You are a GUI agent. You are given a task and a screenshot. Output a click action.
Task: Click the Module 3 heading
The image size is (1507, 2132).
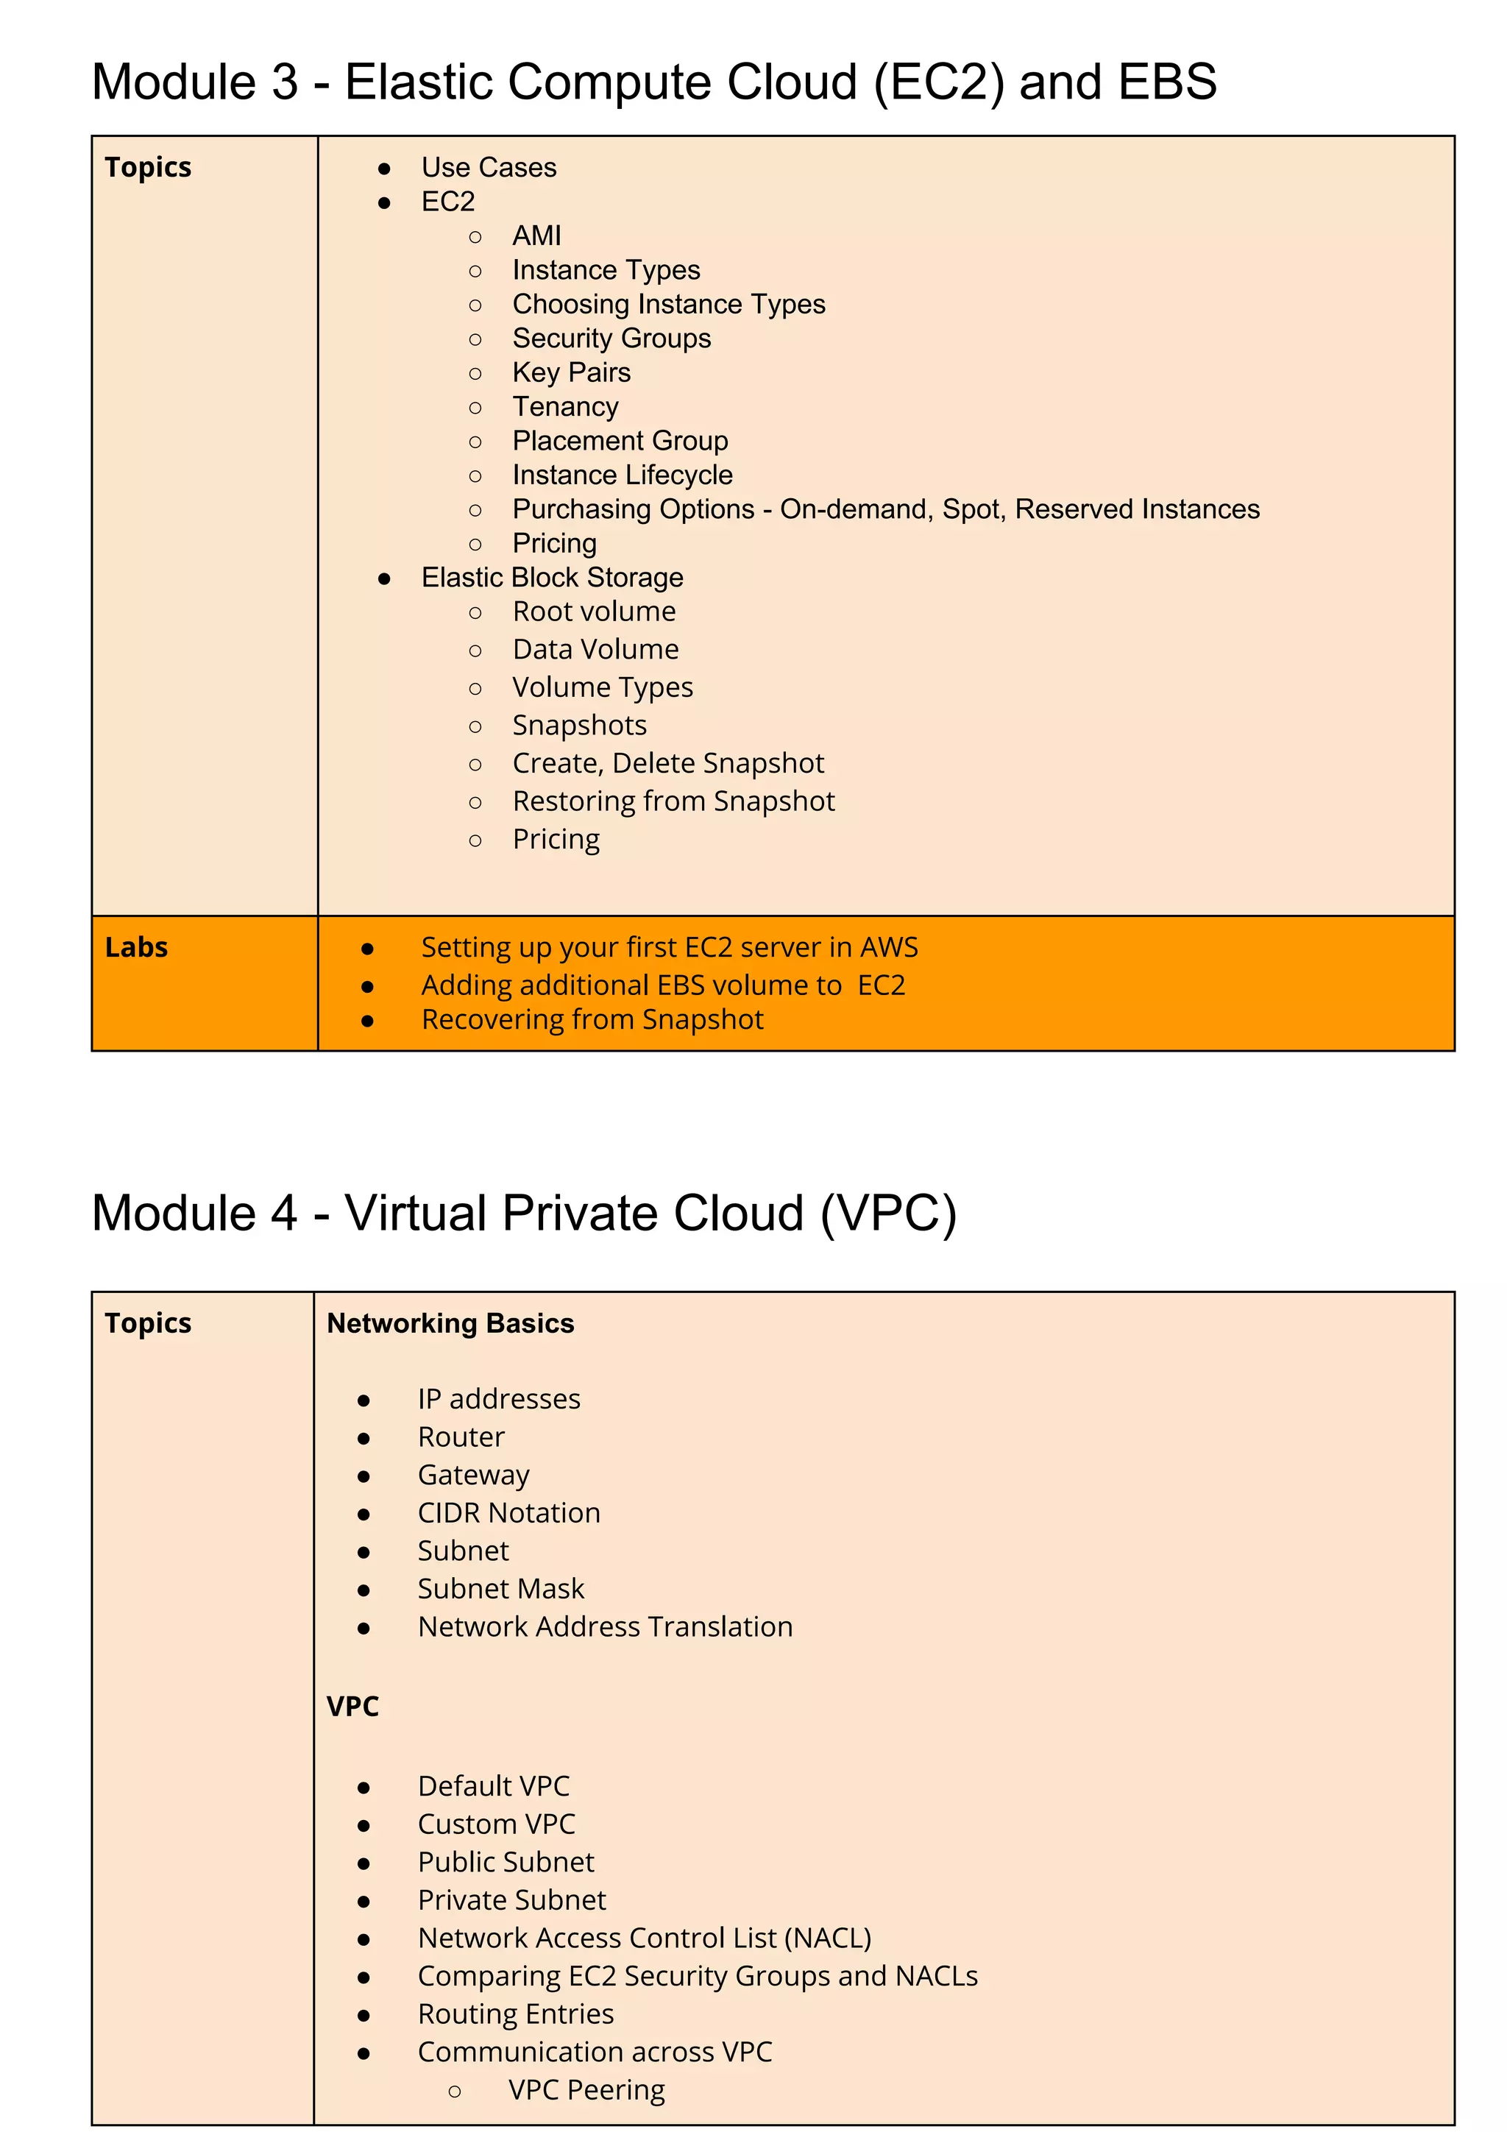[x=653, y=82]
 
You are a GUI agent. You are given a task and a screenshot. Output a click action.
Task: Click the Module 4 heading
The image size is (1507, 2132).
[x=524, y=1213]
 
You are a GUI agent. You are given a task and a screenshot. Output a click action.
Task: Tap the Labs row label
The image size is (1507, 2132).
[x=136, y=947]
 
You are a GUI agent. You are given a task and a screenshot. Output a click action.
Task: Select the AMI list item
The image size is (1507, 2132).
[x=536, y=235]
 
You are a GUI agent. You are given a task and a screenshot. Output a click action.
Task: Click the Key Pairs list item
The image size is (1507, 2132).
[x=571, y=372]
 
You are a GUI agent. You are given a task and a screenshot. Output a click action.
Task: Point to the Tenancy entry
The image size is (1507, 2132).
[x=565, y=407]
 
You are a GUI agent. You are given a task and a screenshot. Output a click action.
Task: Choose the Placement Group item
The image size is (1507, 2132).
[x=620, y=441]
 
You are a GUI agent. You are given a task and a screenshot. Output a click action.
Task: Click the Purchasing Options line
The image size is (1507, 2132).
[x=885, y=509]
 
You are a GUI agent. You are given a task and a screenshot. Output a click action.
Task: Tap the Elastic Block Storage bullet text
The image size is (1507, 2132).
[x=552, y=578]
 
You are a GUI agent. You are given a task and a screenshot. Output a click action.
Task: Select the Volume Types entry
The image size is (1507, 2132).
[x=602, y=687]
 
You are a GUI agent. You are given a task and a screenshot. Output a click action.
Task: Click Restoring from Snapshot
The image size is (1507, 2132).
[x=673, y=801]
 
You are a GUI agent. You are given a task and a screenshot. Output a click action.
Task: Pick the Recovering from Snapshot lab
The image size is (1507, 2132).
[x=592, y=1019]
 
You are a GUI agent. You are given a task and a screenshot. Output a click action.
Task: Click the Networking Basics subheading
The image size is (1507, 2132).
[x=450, y=1323]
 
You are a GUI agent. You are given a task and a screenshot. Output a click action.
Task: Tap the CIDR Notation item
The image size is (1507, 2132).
[x=508, y=1512]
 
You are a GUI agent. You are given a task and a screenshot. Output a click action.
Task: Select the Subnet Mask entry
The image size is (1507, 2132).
[x=500, y=1589]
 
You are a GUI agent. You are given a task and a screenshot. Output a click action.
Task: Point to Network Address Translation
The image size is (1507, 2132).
[x=604, y=1627]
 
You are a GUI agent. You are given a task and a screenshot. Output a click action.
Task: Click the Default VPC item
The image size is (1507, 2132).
[x=493, y=1785]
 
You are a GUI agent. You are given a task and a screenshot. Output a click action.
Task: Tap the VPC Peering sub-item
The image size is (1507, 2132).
[x=586, y=2089]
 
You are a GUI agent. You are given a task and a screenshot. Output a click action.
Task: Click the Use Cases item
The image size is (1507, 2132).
[x=489, y=167]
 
